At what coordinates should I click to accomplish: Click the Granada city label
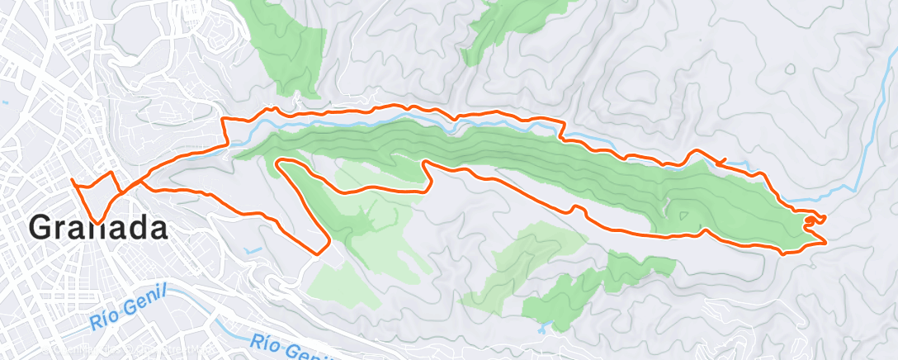[x=99, y=225]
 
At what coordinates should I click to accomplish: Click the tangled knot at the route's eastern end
[x=815, y=220]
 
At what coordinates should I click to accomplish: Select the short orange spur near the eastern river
[x=722, y=159]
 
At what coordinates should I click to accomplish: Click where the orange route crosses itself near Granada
[x=122, y=192]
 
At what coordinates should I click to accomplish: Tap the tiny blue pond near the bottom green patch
[x=541, y=328]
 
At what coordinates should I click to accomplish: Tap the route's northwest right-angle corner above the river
[x=224, y=121]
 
